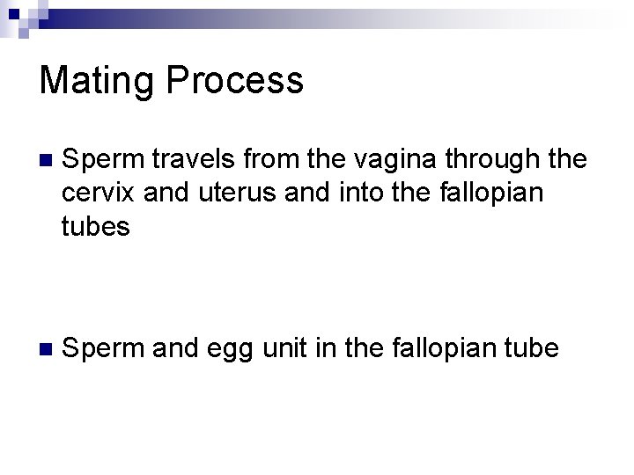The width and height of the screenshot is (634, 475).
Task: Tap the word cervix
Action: [99, 194]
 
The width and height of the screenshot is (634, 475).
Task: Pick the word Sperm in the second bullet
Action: [101, 349]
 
